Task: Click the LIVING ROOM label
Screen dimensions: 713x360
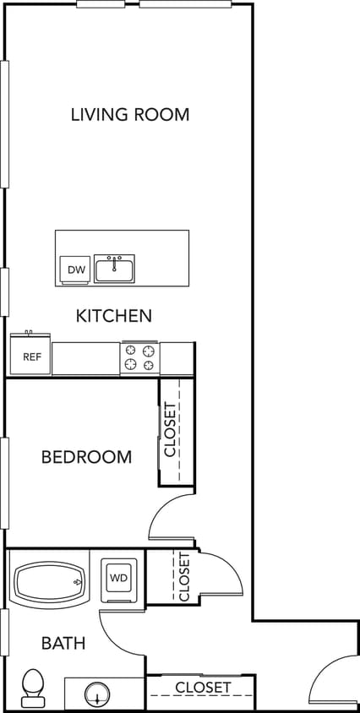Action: point(130,114)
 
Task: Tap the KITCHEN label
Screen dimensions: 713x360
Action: point(114,316)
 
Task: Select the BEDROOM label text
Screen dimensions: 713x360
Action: point(86,457)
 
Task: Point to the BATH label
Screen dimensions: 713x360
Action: point(63,643)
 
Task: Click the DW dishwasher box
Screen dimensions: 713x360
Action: point(74,269)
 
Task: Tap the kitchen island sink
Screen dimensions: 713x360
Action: point(114,269)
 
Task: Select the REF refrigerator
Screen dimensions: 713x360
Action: point(31,356)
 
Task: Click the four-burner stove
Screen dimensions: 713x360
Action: point(140,357)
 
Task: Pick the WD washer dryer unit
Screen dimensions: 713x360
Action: point(117,580)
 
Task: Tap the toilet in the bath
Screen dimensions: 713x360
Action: point(33,686)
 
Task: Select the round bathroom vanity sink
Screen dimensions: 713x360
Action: point(99,695)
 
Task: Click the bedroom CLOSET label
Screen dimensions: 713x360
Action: point(171,430)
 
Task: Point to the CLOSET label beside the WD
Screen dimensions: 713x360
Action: point(184,577)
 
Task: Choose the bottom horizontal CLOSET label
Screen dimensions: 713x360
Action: point(203,688)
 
